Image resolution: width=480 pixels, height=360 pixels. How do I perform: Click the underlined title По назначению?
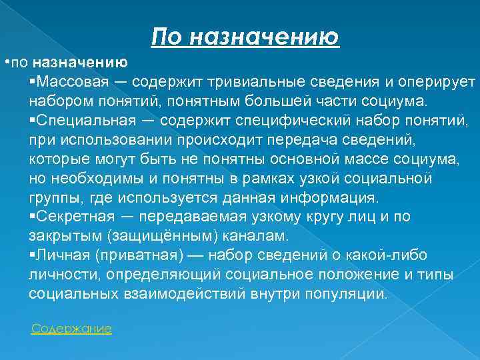pos(245,36)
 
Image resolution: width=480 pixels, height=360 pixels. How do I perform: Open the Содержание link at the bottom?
pos(71,329)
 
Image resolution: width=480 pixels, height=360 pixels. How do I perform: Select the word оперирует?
pos(435,82)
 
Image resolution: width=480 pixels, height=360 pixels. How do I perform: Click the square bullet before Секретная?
pos(33,217)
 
